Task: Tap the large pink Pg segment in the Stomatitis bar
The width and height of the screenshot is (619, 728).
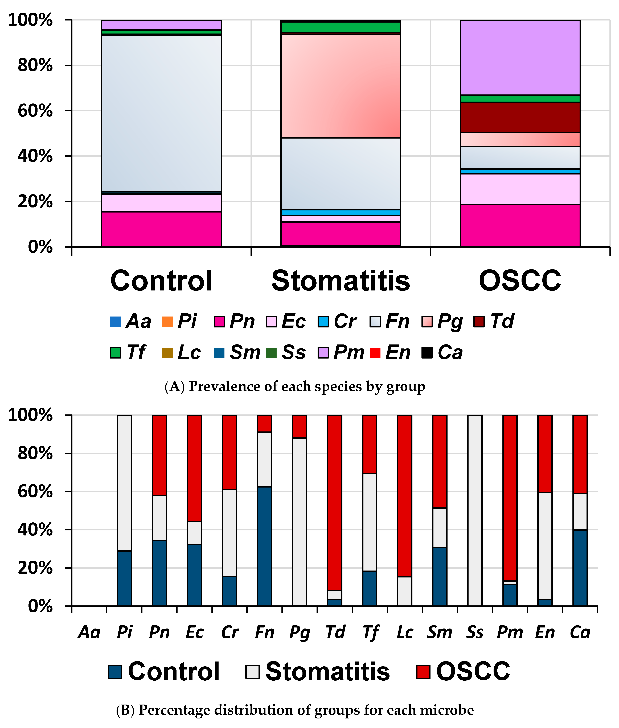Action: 340,86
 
